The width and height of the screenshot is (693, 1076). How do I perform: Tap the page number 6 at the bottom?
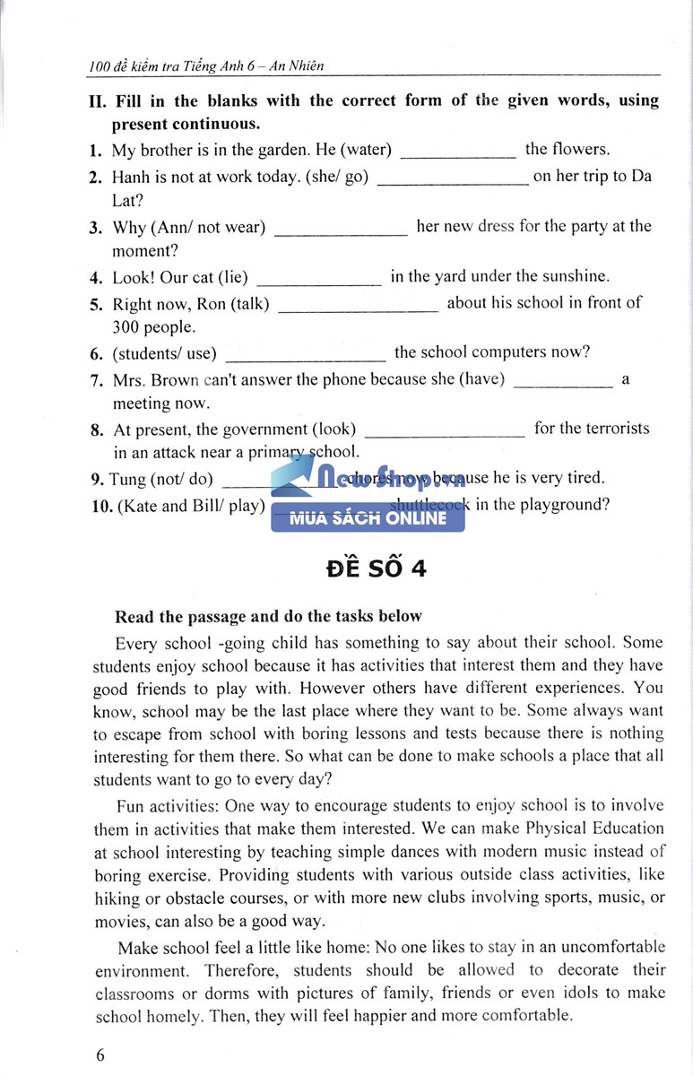(100, 1054)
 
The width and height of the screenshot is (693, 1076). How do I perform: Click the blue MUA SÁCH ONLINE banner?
(368, 518)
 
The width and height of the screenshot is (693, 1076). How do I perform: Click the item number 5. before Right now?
(97, 304)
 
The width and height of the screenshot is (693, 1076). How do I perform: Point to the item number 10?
(101, 506)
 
